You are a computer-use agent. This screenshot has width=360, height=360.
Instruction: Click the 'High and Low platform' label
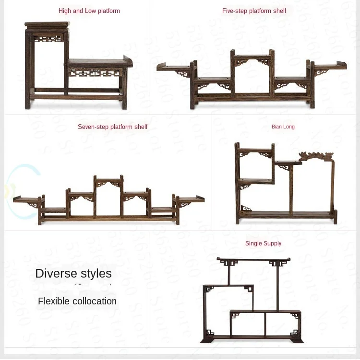pyautogui.click(x=89, y=11)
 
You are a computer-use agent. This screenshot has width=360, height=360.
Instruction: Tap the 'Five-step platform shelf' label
pyautogui.click(x=254, y=11)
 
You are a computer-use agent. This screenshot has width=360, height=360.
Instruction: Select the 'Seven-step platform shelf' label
pyautogui.click(x=112, y=127)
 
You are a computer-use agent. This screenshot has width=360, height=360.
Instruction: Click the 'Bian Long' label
pyautogui.click(x=283, y=127)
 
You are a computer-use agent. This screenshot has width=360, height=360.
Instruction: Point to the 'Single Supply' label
pyautogui.click(x=263, y=243)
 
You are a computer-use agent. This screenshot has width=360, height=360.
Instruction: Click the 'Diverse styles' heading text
pyautogui.click(x=73, y=273)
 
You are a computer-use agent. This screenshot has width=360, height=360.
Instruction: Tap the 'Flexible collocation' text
pyautogui.click(x=77, y=301)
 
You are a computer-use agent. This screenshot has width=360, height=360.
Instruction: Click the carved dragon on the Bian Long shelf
pyautogui.click(x=316, y=156)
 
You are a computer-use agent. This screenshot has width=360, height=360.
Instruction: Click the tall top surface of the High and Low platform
pyautogui.click(x=47, y=24)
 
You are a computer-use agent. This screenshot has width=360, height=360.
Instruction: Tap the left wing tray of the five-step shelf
pyautogui.click(x=173, y=67)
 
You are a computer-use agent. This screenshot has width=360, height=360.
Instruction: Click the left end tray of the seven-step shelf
pyautogui.click(x=27, y=198)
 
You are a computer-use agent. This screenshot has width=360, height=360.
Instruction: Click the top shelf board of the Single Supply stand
pyautogui.click(x=253, y=259)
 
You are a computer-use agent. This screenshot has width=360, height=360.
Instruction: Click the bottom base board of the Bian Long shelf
pyautogui.click(x=286, y=214)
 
